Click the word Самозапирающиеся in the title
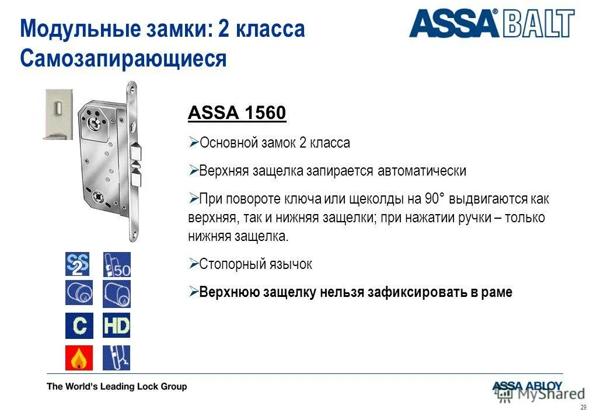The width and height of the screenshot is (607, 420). pyautogui.click(x=123, y=58)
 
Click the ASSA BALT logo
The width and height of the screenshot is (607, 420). pyautogui.click(x=491, y=24)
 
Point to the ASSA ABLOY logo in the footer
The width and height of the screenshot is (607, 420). pyautogui.click(x=527, y=386)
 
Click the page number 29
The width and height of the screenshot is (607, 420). pyautogui.click(x=583, y=407)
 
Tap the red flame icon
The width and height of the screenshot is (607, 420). pyautogui.click(x=79, y=358)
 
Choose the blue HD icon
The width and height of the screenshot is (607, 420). pyautogui.click(x=117, y=326)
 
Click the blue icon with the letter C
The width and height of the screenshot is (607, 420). pyautogui.click(x=79, y=326)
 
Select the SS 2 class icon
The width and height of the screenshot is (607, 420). pyautogui.click(x=79, y=264)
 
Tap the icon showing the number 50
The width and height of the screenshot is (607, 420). pyautogui.click(x=117, y=264)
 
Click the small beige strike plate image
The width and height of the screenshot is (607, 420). pyautogui.click(x=58, y=114)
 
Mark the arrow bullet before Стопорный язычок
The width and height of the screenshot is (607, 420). pyautogui.click(x=194, y=264)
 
